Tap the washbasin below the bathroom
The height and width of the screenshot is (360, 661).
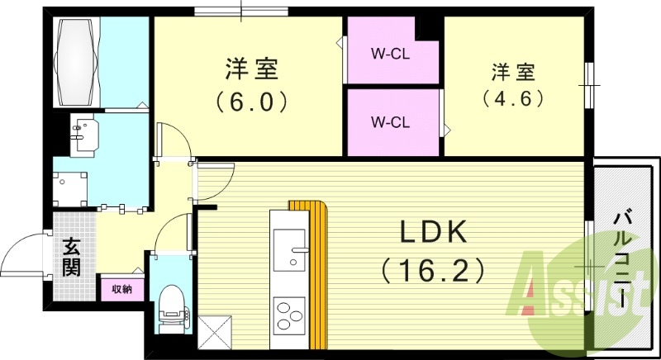pos(83,135)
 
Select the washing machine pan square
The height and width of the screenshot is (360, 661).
pos(71,187)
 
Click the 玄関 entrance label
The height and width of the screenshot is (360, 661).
pos(70,257)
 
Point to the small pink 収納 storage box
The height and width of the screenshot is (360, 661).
pos(121,289)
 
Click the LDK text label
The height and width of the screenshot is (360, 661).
pos(435,234)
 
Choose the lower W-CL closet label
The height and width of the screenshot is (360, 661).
pos(389,123)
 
